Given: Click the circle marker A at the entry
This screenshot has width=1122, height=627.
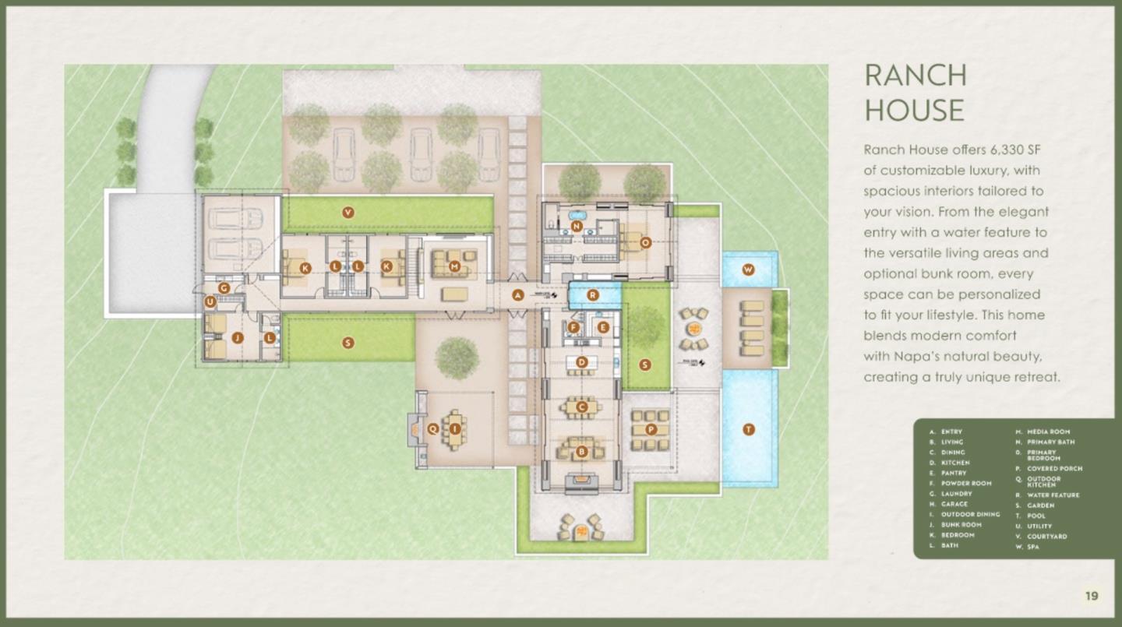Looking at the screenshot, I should click(x=517, y=294).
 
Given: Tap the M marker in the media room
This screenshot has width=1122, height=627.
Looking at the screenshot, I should click(x=455, y=267).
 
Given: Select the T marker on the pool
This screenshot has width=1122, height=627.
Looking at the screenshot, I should click(x=749, y=429).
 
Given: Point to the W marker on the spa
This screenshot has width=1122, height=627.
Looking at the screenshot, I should click(x=748, y=269).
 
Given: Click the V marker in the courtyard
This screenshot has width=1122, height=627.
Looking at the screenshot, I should click(x=348, y=211).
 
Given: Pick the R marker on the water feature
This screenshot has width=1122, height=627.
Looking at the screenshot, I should click(x=593, y=295).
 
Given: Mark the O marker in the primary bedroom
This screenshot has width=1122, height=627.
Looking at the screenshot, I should click(x=645, y=242).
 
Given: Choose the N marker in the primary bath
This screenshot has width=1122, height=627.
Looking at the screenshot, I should click(x=576, y=227).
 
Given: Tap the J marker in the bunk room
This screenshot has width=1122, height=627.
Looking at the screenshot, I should click(x=238, y=337).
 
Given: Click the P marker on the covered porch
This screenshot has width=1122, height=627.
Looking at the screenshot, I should click(x=652, y=429).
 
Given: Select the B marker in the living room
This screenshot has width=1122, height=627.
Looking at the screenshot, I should click(x=581, y=450).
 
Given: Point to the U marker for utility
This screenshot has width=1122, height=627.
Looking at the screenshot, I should click(x=210, y=301).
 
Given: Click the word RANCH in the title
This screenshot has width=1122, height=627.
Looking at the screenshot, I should click(x=916, y=76).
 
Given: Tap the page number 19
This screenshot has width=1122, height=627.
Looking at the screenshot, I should click(x=1092, y=596).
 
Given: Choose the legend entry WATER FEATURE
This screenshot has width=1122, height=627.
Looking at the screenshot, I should click(x=1053, y=495).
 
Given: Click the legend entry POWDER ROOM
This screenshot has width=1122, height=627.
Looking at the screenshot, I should click(x=966, y=483).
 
